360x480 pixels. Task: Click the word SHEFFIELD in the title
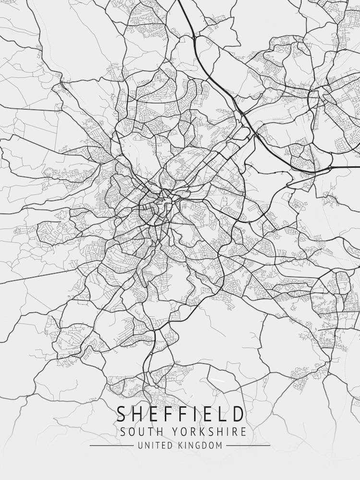(x=180, y=414)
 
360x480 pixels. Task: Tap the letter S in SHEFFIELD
(x=122, y=414)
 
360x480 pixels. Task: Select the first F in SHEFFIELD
(x=168, y=414)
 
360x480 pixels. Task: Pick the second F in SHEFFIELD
(x=182, y=414)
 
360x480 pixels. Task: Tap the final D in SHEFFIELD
(x=238, y=414)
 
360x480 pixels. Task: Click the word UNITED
(x=152, y=445)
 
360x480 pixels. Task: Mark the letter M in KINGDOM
(x=219, y=445)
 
